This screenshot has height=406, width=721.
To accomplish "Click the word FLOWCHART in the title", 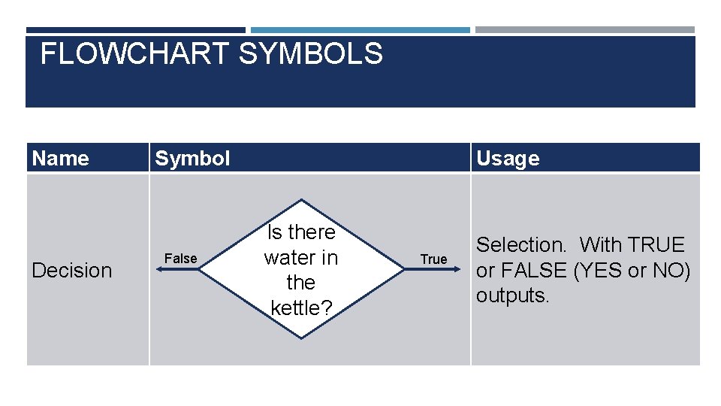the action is (x=134, y=53).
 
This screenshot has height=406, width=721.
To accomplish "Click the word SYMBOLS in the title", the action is (x=311, y=53).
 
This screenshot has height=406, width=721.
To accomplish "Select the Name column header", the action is (x=60, y=159).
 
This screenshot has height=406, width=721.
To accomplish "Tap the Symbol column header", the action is (x=192, y=159).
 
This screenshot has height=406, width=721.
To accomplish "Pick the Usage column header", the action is (x=508, y=159).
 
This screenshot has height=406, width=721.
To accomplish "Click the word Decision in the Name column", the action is (x=72, y=270).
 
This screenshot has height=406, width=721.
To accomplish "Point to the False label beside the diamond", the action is (x=181, y=259).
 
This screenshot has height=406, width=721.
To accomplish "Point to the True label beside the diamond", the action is (x=433, y=259).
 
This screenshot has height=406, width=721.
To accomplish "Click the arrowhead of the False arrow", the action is (x=159, y=269).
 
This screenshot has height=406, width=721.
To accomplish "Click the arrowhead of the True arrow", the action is (x=457, y=269).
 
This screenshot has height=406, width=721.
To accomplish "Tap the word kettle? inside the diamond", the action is (x=301, y=308).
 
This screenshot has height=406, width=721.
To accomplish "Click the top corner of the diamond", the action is (x=301, y=199).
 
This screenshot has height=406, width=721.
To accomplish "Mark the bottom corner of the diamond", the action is (x=301, y=339).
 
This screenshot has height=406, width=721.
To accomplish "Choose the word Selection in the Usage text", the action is (x=520, y=244).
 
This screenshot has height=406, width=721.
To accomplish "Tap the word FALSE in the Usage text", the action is (x=533, y=270).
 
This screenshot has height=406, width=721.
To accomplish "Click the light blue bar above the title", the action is (x=360, y=30).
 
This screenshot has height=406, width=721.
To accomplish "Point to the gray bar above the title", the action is (x=585, y=30).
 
